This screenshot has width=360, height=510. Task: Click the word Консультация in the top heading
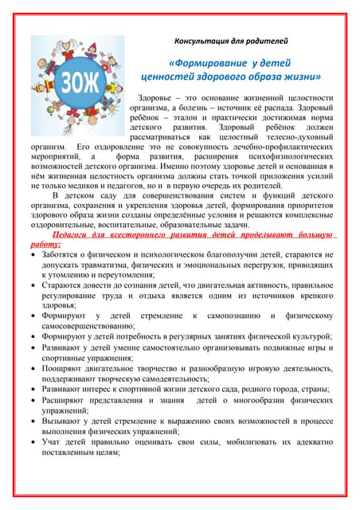(201, 38)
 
